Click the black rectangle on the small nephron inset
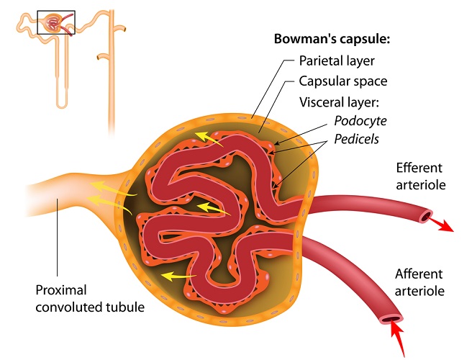56,22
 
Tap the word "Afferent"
421,273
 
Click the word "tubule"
124,307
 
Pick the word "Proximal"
62,291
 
